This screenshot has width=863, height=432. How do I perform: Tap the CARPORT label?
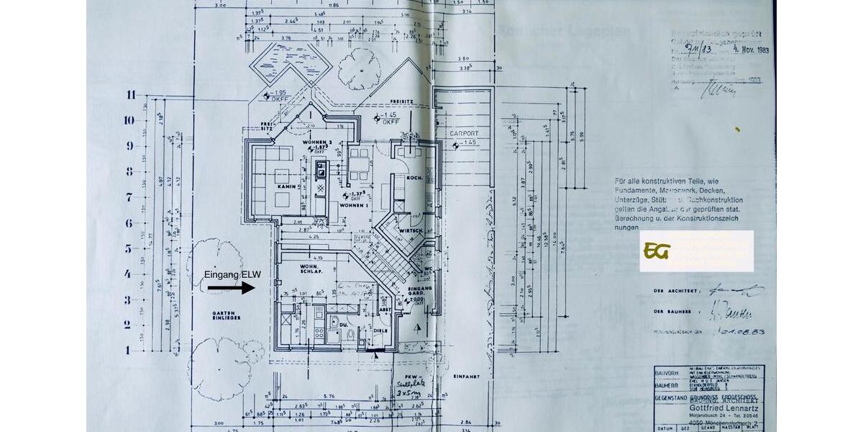tap(464, 133)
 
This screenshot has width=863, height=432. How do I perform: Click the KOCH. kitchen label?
tap(415, 177)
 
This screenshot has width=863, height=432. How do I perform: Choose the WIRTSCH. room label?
tap(411, 230)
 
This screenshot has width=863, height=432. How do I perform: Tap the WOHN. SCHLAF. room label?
tap(310, 271)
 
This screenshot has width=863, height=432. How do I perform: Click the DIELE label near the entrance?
tap(380, 330)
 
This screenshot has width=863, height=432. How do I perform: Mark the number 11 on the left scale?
tap(130, 94)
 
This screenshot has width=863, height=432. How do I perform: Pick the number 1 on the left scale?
tap(129, 350)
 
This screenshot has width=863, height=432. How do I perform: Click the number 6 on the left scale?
tap(129, 223)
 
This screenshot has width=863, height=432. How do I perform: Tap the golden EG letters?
tap(657, 251)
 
